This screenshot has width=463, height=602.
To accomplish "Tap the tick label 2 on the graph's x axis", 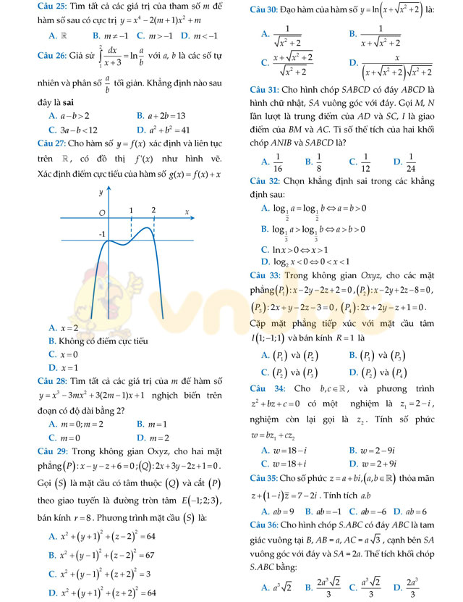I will pos(154,210).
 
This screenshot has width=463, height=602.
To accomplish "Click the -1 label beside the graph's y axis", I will pos(102,234).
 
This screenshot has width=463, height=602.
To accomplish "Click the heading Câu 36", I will pos(263,524).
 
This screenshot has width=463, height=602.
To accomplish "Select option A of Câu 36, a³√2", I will pos(278,586).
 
